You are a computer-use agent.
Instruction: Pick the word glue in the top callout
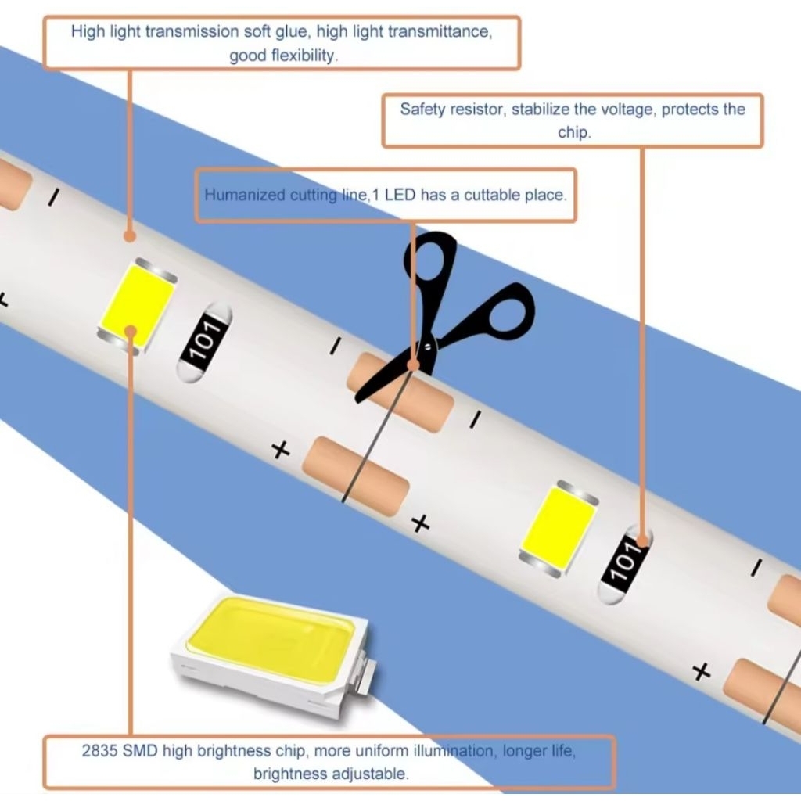pos(293,31)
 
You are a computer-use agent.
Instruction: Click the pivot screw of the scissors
pos(428,347)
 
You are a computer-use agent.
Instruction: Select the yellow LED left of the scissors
pos(138,306)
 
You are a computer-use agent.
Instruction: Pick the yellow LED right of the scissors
pos(559,529)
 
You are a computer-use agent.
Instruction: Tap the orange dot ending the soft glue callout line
pos(130,236)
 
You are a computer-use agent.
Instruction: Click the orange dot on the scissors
pos(414,365)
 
